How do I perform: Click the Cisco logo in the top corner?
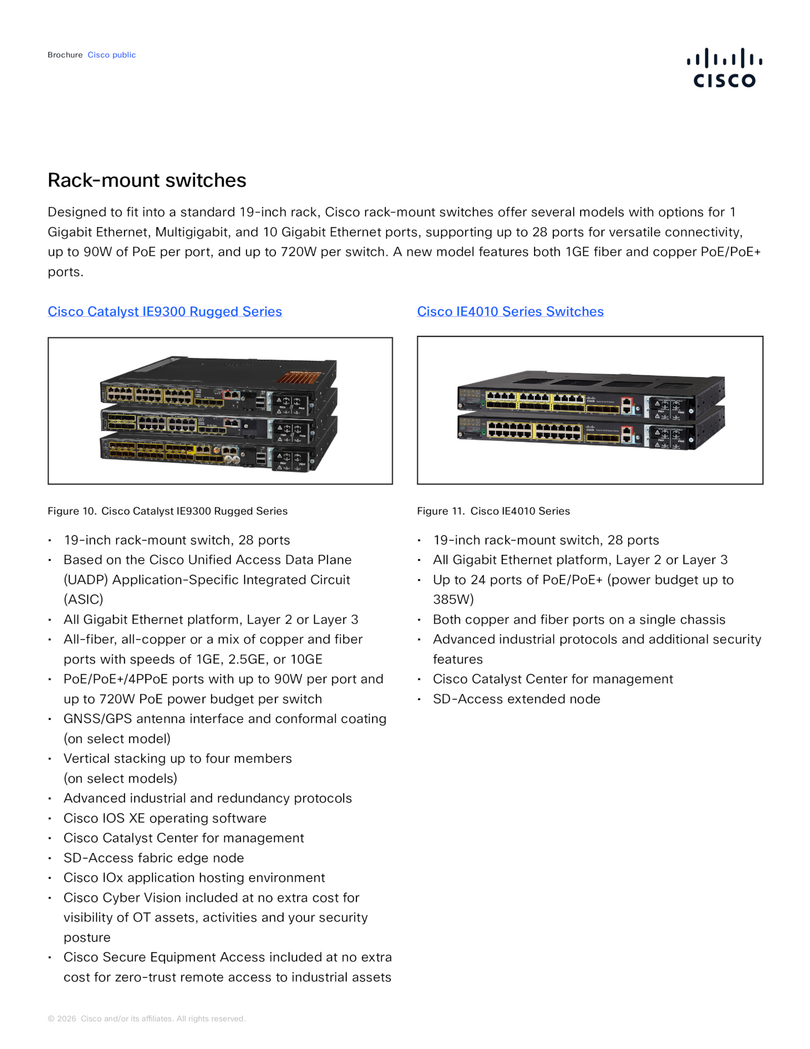pos(724,68)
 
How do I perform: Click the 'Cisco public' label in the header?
pos(111,55)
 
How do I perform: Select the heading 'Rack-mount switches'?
pos(147,180)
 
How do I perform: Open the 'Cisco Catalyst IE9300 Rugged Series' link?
pos(165,312)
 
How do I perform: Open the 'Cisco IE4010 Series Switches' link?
pos(510,312)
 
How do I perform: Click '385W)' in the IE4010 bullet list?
pos(453,600)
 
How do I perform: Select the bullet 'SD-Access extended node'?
pos(516,699)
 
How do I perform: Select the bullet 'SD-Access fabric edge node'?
pos(153,858)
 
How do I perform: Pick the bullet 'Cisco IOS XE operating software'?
pos(165,818)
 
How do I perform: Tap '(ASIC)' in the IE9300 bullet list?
pos(83,600)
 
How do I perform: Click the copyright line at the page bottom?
pos(146,1019)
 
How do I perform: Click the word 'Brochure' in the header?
pos(65,55)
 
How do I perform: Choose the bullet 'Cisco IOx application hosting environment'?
pos(194,877)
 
